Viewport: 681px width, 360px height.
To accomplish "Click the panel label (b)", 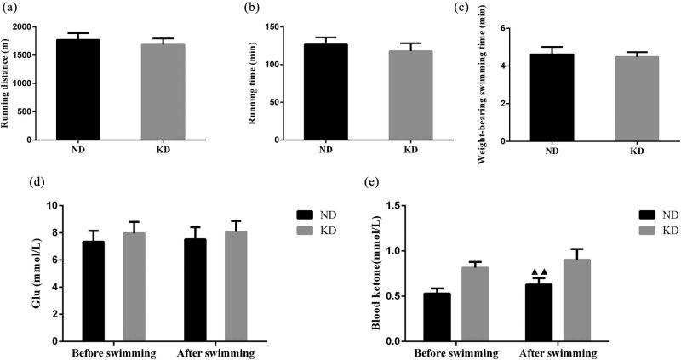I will coord(253,8).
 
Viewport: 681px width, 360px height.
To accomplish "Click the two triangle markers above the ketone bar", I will coord(539,271).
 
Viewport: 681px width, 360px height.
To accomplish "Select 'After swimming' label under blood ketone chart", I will coord(557,352).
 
